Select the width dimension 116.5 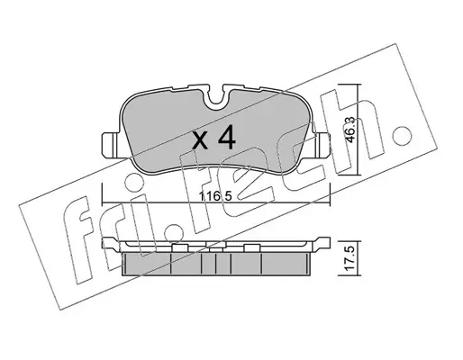click(x=216, y=197)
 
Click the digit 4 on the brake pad click(x=226, y=139)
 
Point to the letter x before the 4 click(x=200, y=141)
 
